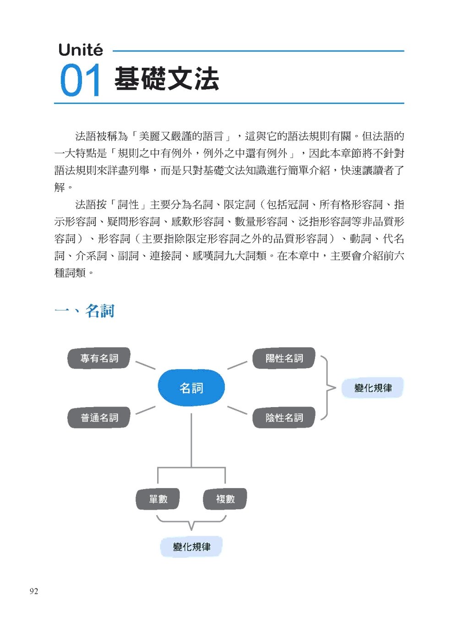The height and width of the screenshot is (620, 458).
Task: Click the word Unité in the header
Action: [81, 50]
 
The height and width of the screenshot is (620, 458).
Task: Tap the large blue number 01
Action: [80, 81]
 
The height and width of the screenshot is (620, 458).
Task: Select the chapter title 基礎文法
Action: [166, 79]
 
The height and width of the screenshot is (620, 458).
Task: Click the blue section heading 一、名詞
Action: [84, 310]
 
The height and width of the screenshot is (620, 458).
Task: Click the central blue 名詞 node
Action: [191, 388]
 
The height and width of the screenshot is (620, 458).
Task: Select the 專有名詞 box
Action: [99, 358]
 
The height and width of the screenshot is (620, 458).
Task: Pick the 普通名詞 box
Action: [99, 418]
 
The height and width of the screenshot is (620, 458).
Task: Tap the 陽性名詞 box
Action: [284, 358]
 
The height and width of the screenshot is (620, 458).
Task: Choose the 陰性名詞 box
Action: [284, 418]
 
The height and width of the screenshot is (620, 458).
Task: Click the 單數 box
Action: [158, 499]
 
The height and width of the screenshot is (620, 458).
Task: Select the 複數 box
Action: [225, 499]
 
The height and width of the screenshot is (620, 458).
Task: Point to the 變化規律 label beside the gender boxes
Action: [373, 388]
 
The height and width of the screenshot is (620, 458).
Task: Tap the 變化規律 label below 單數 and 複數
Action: [191, 546]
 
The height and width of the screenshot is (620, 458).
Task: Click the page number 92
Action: [34, 591]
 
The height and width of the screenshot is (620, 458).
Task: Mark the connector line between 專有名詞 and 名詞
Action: [145, 365]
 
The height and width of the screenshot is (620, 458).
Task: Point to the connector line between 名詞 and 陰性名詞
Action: [237, 410]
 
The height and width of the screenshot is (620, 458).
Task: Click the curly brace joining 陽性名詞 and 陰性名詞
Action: [327, 388]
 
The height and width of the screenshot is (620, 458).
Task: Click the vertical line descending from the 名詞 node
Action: [191, 440]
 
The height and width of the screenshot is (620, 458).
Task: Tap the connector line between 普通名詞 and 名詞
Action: [145, 410]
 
